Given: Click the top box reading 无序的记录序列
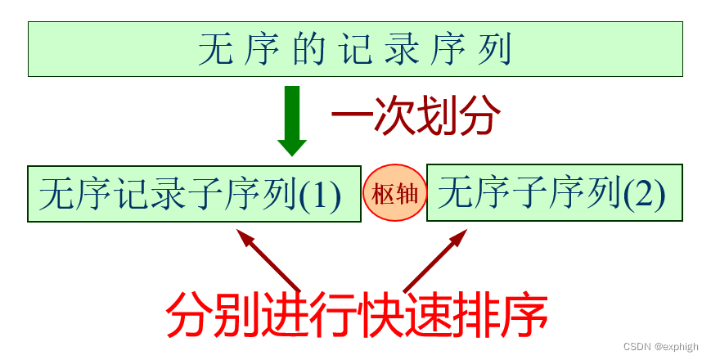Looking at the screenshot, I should pos(355,50).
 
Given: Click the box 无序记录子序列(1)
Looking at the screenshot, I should pos(194,194).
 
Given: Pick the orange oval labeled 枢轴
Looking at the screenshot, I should pos(395,194).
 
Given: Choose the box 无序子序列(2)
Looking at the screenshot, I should pos(555,194).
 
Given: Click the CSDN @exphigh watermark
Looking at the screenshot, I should pos(660,347).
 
